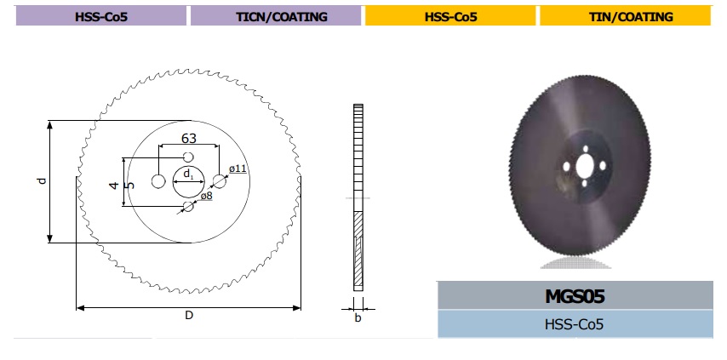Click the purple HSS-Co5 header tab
click(101, 17)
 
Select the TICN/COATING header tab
click(276, 17)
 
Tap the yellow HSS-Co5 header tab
click(450, 17)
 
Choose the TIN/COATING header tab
click(625, 17)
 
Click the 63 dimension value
click(188, 138)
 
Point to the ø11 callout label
click(238, 169)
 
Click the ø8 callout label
click(206, 196)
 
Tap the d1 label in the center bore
click(188, 174)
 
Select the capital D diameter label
click(189, 316)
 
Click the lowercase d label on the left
click(43, 181)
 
